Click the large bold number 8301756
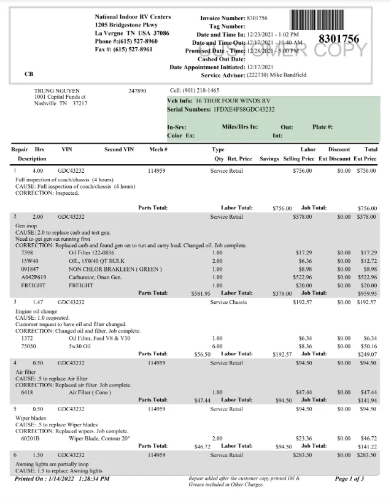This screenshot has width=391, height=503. coord(339,39)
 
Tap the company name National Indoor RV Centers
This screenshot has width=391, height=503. coord(133,17)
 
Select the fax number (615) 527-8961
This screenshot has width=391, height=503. coord(133,49)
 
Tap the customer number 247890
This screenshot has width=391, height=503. coord(137,90)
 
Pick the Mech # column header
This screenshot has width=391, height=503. coord(158,149)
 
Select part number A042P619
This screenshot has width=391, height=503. coord(33,277)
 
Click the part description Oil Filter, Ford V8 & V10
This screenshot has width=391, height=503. coord(99,338)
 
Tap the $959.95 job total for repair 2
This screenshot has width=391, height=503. coord(367,293)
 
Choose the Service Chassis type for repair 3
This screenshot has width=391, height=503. coord(228,302)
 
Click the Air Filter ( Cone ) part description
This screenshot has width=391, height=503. coord(91,391)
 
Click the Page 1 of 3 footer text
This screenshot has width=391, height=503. coord(349,478)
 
